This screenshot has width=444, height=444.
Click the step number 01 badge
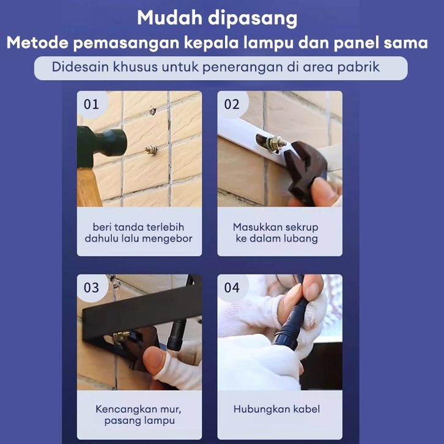click(x=92, y=104)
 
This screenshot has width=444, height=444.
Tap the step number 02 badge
click(x=232, y=104)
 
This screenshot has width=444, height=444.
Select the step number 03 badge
click(x=92, y=287)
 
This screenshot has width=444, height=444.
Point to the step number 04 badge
click(x=232, y=287)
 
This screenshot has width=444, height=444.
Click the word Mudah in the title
click(x=169, y=18)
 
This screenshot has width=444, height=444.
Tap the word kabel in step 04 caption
click(x=306, y=409)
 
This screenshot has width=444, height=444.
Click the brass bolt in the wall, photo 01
click(x=151, y=149)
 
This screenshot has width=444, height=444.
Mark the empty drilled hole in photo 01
click(x=153, y=111)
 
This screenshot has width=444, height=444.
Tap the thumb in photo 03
click(x=155, y=361)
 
